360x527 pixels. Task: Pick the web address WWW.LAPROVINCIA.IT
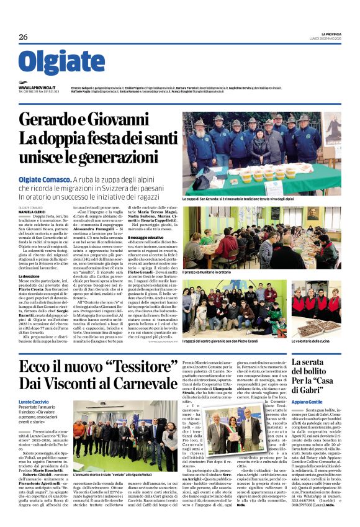tap(37, 88)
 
